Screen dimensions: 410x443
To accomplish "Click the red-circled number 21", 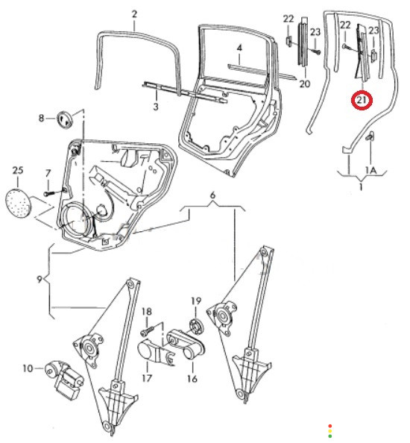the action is [362, 100].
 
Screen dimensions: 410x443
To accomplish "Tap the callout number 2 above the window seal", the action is [134, 14].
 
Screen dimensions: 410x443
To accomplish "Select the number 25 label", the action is [17, 170].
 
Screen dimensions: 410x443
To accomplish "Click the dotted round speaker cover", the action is [19, 204].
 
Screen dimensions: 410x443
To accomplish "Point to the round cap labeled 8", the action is [65, 119].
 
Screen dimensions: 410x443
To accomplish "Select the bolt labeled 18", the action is [147, 331].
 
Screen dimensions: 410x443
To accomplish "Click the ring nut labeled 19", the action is [195, 325].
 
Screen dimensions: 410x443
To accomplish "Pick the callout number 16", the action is [192, 379].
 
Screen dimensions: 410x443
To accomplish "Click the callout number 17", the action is [147, 378].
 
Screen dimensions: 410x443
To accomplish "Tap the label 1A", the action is [371, 170].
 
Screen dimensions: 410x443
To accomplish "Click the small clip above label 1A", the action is [370, 136].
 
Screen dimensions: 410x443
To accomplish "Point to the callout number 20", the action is [304, 84].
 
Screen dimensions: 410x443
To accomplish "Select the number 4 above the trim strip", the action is [239, 48].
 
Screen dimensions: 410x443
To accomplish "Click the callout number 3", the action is [156, 107].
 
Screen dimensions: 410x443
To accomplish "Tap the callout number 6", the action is [212, 195].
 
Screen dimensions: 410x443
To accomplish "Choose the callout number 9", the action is [40, 280].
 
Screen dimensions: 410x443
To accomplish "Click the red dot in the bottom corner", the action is [330, 426].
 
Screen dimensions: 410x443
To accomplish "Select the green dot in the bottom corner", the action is [330, 436].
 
